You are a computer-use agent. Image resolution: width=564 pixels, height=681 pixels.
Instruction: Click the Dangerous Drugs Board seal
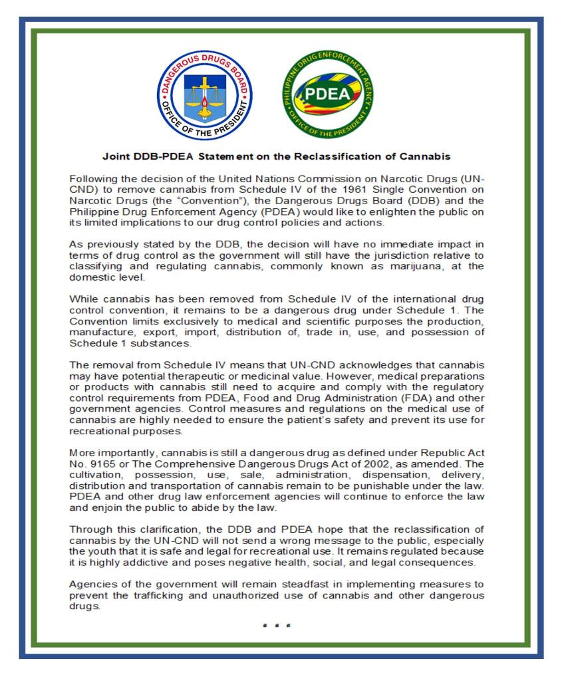(x=205, y=94)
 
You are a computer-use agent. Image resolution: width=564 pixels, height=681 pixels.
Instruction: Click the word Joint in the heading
(x=114, y=157)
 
